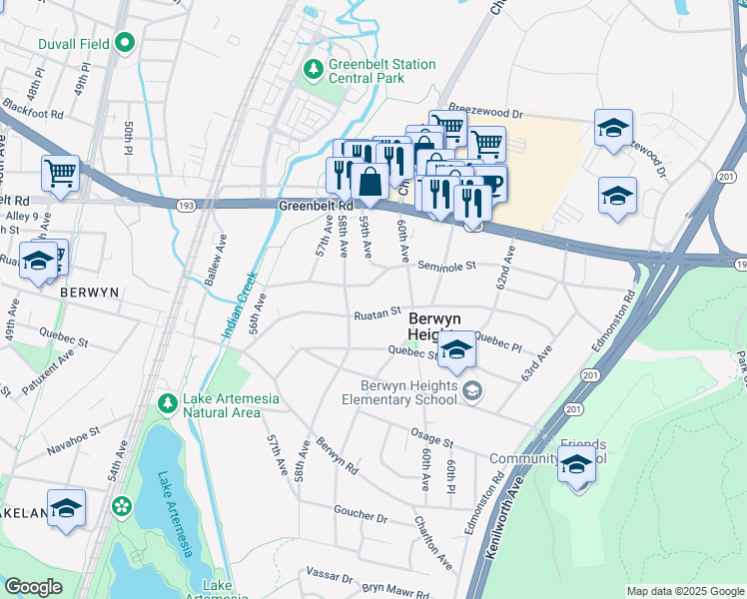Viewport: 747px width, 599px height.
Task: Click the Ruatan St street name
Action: pos(376,313)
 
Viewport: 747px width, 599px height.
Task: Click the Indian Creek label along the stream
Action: pos(241,304)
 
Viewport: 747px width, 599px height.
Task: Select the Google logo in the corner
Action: pos(33,587)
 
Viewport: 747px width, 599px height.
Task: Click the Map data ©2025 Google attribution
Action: pos(684,591)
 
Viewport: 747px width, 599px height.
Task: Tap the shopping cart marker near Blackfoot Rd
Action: pos(60,173)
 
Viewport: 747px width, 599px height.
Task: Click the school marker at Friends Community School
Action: pos(576,464)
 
